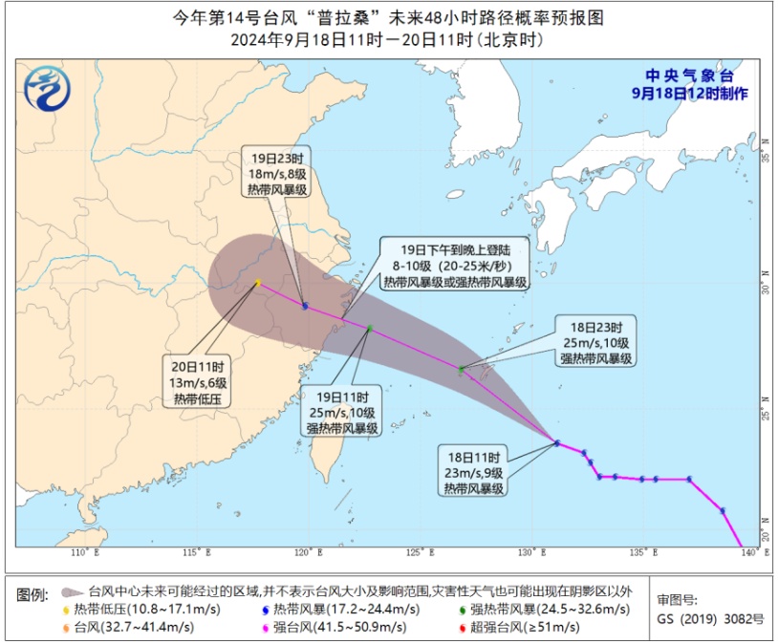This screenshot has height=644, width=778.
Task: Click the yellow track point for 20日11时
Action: pyautogui.click(x=258, y=283)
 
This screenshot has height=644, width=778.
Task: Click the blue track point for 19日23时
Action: pyautogui.click(x=305, y=307)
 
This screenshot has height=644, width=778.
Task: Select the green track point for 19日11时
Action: pyautogui.click(x=370, y=329)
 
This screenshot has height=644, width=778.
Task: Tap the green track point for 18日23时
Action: pyautogui.click(x=461, y=369)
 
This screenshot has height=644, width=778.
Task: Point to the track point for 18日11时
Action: pyautogui.click(x=557, y=442)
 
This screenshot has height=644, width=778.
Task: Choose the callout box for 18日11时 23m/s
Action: pyautogui.click(x=473, y=472)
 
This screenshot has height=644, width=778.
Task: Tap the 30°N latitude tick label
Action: pyautogui.click(x=766, y=289)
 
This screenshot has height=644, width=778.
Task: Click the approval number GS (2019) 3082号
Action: pyautogui.click(x=710, y=618)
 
